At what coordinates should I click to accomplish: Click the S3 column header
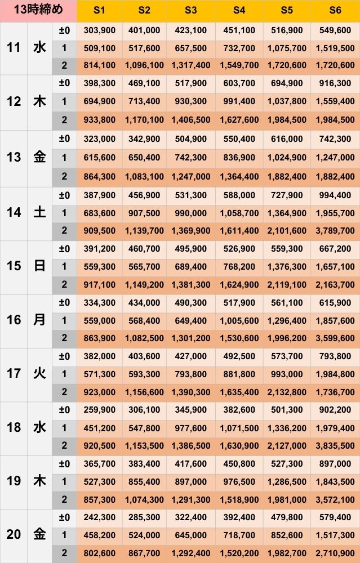pyautogui.click(x=191, y=11)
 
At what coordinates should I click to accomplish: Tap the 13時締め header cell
pyautogui.click(x=38, y=10)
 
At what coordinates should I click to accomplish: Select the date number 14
pyautogui.click(x=14, y=213)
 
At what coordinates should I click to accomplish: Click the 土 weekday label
pyautogui.click(x=39, y=213)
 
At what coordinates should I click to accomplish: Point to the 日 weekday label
pyautogui.click(x=39, y=266)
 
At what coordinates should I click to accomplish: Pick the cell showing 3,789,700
pyautogui.click(x=335, y=231)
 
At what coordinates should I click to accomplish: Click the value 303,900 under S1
pyautogui.click(x=100, y=30)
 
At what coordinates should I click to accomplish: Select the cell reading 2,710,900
pyautogui.click(x=335, y=553)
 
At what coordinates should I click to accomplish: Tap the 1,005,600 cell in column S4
pyautogui.click(x=239, y=321)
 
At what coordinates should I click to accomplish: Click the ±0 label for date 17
pyautogui.click(x=64, y=356)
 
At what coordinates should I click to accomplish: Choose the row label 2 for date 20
pyautogui.click(x=64, y=553)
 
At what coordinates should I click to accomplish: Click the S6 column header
pyautogui.click(x=335, y=11)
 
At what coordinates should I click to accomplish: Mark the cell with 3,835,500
pyautogui.click(x=335, y=446)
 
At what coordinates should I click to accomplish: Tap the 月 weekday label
pyautogui.click(x=39, y=320)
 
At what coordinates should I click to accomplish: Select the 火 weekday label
pyautogui.click(x=39, y=374)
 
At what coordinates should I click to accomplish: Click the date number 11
pyautogui.click(x=14, y=47)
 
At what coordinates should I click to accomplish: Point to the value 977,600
pyautogui.click(x=191, y=428)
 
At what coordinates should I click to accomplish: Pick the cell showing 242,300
pyautogui.click(x=100, y=517)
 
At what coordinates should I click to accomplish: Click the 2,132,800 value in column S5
pyautogui.click(x=287, y=392)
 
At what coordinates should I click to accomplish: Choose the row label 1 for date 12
pyautogui.click(x=64, y=101)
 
